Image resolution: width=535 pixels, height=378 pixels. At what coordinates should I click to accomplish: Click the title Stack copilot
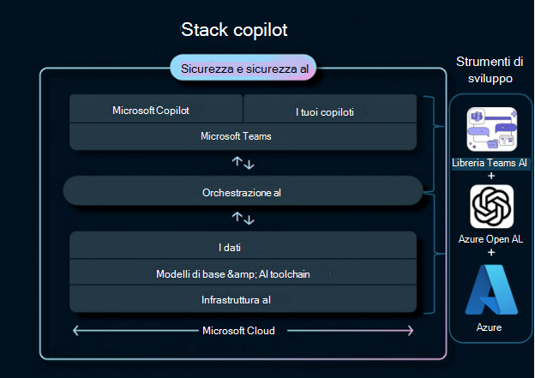234,30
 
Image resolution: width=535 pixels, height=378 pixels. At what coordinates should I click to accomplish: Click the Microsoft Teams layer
243,135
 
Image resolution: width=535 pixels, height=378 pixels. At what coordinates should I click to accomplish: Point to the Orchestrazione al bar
243,192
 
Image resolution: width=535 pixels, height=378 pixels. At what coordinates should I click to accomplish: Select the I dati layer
243,246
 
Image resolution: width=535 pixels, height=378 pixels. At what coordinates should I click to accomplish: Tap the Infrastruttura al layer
243,298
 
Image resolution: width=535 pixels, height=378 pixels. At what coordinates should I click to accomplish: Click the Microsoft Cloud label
243,331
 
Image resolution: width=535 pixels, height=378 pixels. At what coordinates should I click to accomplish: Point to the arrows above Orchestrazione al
243,162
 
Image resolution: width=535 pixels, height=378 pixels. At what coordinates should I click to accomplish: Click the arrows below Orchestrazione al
243,219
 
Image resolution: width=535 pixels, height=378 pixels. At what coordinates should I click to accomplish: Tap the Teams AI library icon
491,130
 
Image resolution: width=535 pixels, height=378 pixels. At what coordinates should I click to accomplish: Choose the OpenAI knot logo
491,207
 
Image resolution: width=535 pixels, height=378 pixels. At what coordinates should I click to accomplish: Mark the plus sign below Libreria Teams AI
491,176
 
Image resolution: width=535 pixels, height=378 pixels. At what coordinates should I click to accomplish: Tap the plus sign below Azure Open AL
491,252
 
